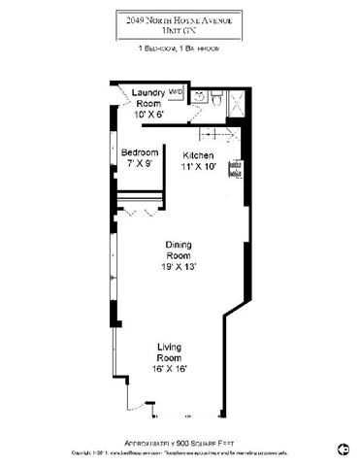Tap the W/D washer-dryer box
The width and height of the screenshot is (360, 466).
pyautogui.click(x=176, y=93)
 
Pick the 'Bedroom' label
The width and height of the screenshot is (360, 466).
pyautogui.click(x=140, y=153)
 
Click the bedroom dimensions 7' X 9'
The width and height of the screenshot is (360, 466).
pyautogui.click(x=140, y=164)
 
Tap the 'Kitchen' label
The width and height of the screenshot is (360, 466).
pyautogui.click(x=201, y=154)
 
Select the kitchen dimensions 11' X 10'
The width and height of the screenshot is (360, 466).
pyautogui.click(x=201, y=166)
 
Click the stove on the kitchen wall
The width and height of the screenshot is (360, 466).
pyautogui.click(x=233, y=172)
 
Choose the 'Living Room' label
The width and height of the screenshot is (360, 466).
pyautogui.click(x=171, y=351)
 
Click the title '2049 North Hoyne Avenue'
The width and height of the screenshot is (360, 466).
pyautogui.click(x=180, y=17)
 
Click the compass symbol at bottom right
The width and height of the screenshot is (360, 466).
pyautogui.click(x=342, y=448)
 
